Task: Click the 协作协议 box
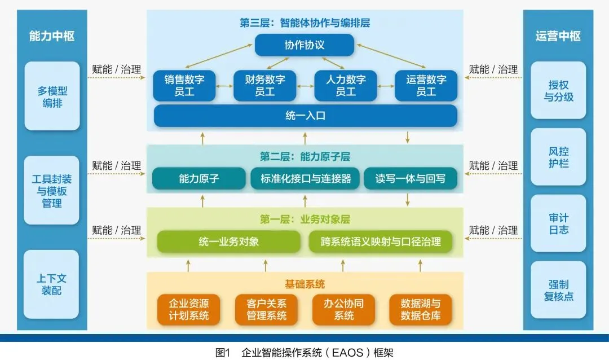coord(304,45)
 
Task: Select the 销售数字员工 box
coord(184,86)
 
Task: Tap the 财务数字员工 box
coord(265,86)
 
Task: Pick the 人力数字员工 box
coord(345,86)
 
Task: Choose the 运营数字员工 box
coord(426,86)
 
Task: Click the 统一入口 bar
coord(305,116)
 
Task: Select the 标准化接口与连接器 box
coord(305,179)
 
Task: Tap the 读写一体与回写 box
coord(411,179)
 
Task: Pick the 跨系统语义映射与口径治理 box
coord(381,242)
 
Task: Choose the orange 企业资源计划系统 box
coord(188,310)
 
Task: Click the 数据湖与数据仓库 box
coord(421,310)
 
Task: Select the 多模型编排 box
coord(52,96)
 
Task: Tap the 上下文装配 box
coord(52,284)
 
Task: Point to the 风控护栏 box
coord(558,157)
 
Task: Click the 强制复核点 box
coord(558,290)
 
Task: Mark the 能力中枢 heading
coord(52,36)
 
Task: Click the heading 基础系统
coord(304,284)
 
